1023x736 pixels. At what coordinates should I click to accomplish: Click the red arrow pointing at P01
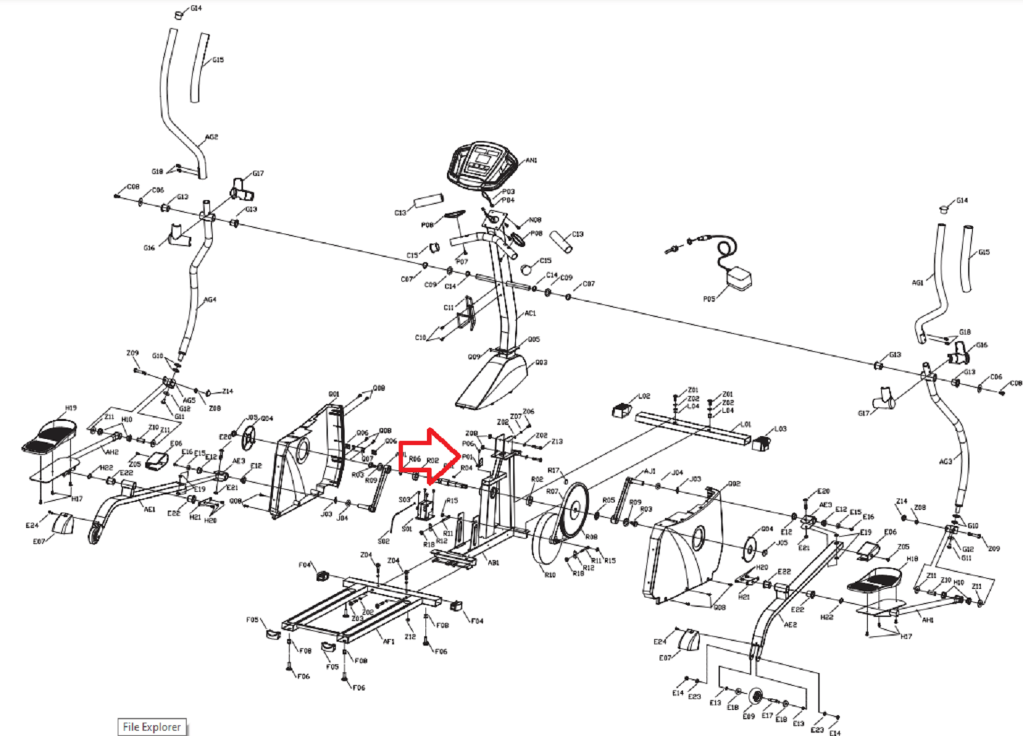tap(427, 457)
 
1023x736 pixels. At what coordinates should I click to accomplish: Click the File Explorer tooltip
tap(152, 727)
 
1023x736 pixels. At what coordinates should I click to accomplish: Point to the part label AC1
tap(530, 313)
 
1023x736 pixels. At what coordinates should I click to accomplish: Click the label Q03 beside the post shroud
tap(541, 363)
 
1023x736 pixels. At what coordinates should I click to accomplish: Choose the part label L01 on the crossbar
tap(745, 424)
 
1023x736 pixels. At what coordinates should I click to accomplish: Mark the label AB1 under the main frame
tap(493, 563)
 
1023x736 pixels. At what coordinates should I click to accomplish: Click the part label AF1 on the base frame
tap(389, 641)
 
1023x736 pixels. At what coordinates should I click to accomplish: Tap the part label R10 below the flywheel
tap(549, 575)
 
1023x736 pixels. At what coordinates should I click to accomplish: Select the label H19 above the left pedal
tap(71, 407)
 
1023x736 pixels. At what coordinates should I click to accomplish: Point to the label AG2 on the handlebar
tap(211, 137)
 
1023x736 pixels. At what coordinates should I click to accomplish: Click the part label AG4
tap(210, 300)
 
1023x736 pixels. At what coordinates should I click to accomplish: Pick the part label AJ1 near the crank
tap(650, 471)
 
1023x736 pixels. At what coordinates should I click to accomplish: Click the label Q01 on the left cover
tap(334, 394)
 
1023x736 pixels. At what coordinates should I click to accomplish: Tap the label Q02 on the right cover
tap(734, 483)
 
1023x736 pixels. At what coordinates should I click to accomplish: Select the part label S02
tap(383, 541)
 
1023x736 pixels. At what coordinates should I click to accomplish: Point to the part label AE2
tap(790, 625)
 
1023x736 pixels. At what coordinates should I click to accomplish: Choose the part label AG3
tap(945, 461)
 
